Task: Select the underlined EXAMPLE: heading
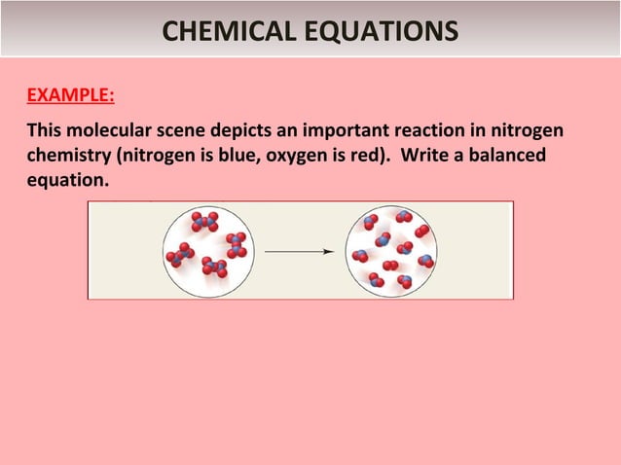69,96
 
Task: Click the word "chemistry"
68,156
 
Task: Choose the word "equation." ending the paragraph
67,181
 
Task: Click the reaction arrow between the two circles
299,251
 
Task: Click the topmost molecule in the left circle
204,222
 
